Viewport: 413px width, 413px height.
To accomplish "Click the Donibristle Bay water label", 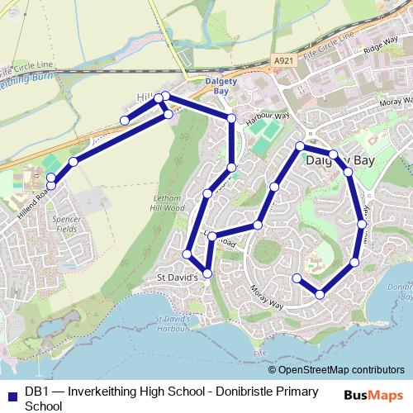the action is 387,289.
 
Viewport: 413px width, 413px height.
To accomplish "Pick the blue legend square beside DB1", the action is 12,392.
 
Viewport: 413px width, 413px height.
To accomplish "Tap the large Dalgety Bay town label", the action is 340,161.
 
